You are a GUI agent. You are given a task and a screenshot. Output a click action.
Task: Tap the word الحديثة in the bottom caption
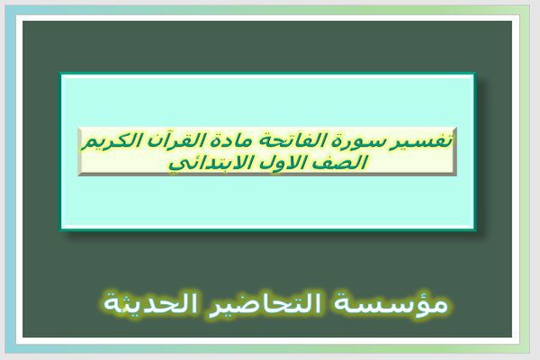[x=151, y=304]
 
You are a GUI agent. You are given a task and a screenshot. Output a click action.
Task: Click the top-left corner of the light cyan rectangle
[x=60, y=73]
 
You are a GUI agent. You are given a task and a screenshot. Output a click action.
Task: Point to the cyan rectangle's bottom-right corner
[x=476, y=230]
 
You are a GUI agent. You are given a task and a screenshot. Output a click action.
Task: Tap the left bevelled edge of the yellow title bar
[x=80, y=151]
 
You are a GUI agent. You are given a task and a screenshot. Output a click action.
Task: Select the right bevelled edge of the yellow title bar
[x=454, y=151]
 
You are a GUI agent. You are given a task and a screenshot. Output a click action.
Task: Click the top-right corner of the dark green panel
[x=512, y=21]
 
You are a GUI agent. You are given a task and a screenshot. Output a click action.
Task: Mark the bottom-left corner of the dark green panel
[x=22, y=337]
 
